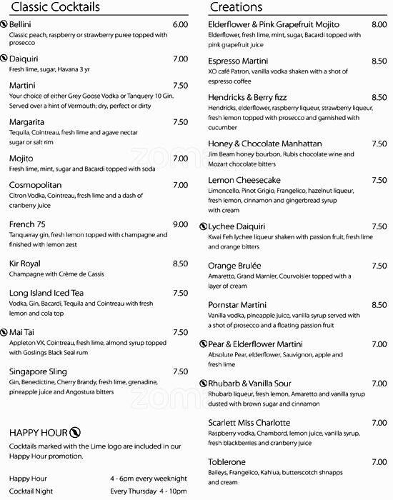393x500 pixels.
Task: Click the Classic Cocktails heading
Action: [55, 7]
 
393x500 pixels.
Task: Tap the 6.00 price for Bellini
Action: [180, 24]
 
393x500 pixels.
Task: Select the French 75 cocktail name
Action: [28, 224]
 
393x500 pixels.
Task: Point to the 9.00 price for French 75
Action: [180, 224]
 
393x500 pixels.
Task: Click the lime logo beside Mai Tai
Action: [4, 332]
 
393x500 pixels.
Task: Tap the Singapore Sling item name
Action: [39, 371]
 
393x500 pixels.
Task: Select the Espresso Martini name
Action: [241, 63]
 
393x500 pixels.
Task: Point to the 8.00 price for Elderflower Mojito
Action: [379, 24]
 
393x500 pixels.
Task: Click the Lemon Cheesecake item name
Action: [243, 181]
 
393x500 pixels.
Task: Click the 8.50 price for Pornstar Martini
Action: [379, 305]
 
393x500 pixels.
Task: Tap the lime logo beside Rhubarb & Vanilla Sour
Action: [202, 384]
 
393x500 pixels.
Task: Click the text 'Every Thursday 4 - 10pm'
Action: [149, 491]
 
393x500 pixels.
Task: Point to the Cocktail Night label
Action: [34, 491]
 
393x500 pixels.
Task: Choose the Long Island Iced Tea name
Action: [46, 293]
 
